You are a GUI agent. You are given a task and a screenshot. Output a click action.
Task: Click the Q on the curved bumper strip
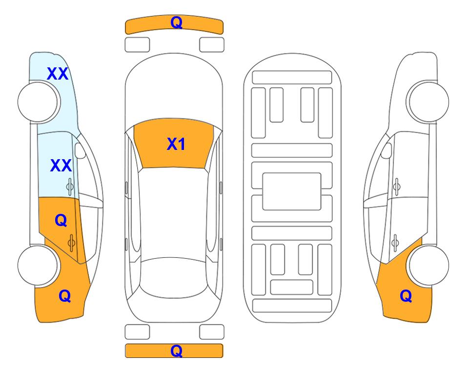pyautogui.click(x=176, y=22)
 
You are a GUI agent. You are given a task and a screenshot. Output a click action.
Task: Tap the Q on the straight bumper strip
pyautogui.click(x=176, y=351)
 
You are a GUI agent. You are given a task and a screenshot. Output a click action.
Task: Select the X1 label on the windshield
pyautogui.click(x=176, y=144)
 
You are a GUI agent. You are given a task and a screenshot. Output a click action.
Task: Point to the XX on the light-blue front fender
pyautogui.click(x=58, y=74)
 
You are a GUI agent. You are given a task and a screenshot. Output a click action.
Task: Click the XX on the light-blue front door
pyautogui.click(x=61, y=166)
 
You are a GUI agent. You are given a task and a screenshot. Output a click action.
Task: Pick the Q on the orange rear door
pyautogui.click(x=61, y=221)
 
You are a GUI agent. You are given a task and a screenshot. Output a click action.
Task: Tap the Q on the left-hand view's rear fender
pyautogui.click(x=65, y=296)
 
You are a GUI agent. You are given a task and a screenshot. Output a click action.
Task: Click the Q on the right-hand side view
pyautogui.click(x=406, y=296)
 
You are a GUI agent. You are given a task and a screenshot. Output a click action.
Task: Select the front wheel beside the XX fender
pyautogui.click(x=38, y=102)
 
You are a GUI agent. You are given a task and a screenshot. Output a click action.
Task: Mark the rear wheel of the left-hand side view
pyautogui.click(x=38, y=265)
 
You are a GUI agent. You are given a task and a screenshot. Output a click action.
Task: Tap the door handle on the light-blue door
pyautogui.click(x=70, y=187)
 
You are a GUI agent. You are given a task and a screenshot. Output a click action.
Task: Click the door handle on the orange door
pyautogui.click(x=71, y=243)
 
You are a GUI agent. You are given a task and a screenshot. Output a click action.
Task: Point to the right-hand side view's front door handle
pyautogui.click(x=397, y=187)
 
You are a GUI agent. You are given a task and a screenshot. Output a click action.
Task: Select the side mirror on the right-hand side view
pyautogui.click(x=387, y=150)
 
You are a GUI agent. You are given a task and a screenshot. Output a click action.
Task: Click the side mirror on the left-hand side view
pyautogui.click(x=80, y=150)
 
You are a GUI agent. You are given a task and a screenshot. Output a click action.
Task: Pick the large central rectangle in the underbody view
pyautogui.click(x=292, y=191)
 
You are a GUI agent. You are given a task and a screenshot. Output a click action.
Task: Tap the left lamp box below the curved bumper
pyautogui.click(x=137, y=45)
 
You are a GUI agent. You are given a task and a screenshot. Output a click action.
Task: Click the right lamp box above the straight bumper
pyautogui.click(x=212, y=332)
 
